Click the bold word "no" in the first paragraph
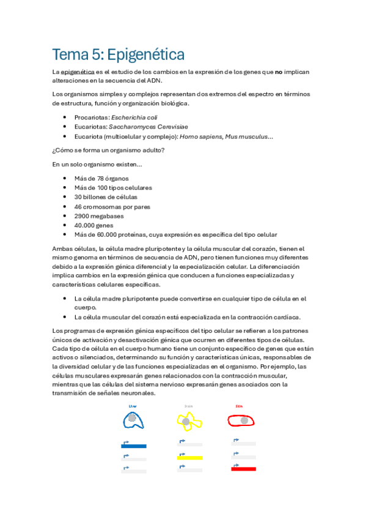point(278,72)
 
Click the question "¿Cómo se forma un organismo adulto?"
point(108,151)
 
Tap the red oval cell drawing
point(241,420)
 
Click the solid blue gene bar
point(133,446)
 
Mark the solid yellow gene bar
point(189,458)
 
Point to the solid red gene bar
point(243,469)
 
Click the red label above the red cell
point(239,406)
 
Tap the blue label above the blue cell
point(133,406)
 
